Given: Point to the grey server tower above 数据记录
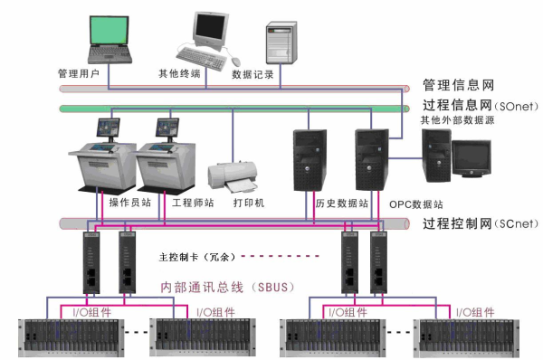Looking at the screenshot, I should pyautogui.click(x=280, y=42).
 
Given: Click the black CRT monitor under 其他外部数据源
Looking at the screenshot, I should pyautogui.click(x=472, y=159).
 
